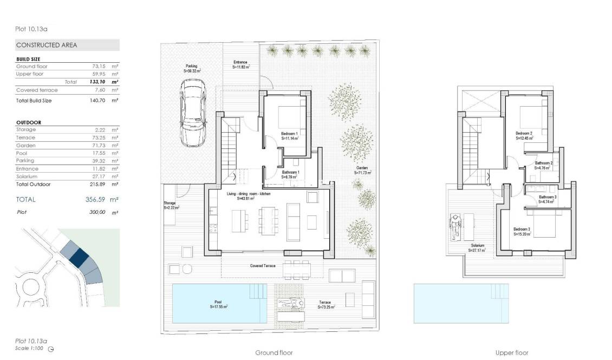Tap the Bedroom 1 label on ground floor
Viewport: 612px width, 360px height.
tap(290, 133)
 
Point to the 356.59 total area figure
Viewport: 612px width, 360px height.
tap(95, 199)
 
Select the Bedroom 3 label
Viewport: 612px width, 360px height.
tap(522, 230)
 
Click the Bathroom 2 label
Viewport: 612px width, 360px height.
tap(544, 163)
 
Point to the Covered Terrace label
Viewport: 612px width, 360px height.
tap(263, 266)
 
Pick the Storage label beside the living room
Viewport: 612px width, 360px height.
tap(170, 204)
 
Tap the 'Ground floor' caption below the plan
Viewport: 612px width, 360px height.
tap(274, 353)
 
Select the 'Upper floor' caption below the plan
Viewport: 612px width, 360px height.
tap(511, 353)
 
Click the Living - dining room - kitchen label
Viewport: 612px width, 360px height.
tap(249, 193)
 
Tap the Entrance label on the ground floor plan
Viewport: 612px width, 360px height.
tap(240, 62)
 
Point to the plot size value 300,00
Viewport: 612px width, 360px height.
tap(97, 213)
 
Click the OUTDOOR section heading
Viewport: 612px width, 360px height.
tap(29, 122)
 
